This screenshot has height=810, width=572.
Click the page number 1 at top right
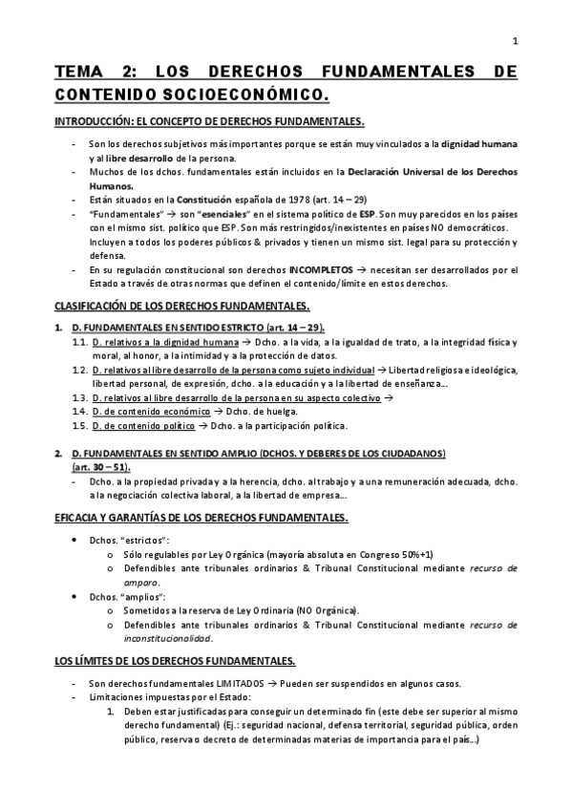(515, 40)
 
